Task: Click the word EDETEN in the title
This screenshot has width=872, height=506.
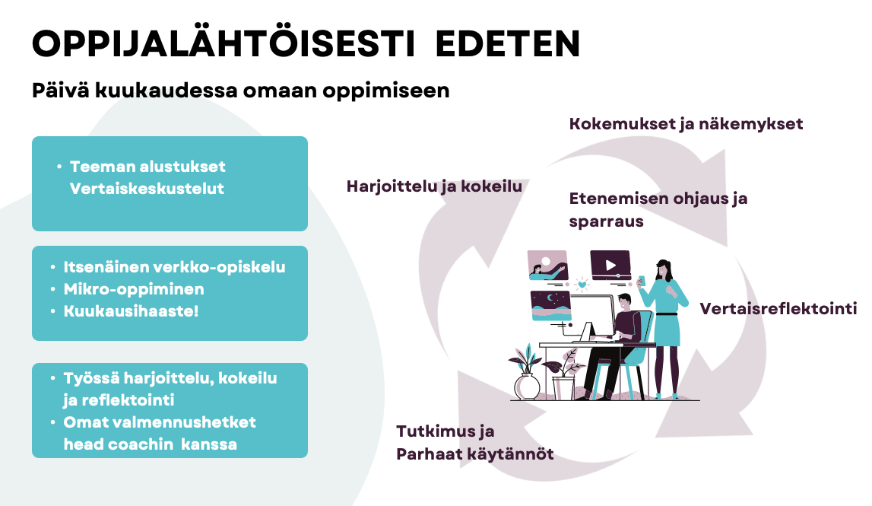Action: click(x=508, y=44)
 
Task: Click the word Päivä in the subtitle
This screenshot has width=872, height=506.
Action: click(x=60, y=91)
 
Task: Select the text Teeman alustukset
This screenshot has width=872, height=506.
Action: click(x=147, y=167)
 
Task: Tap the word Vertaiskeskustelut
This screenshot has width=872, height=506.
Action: click(x=147, y=189)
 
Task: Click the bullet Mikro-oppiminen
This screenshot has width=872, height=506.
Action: click(x=134, y=289)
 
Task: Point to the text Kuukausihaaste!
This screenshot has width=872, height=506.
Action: click(x=131, y=311)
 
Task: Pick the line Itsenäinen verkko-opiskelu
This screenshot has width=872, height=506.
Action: click(x=174, y=267)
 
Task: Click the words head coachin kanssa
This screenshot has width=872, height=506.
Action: click(x=151, y=444)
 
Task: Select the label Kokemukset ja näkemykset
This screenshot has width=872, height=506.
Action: click(x=686, y=124)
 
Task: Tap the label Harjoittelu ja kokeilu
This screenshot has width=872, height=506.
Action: click(x=434, y=186)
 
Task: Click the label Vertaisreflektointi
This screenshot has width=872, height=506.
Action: click(x=778, y=309)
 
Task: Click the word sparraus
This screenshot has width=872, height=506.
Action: click(x=606, y=221)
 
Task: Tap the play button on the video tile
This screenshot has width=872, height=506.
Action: click(x=610, y=265)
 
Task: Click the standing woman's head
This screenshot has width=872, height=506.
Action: click(x=663, y=269)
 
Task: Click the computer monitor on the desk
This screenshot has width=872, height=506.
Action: click(x=591, y=317)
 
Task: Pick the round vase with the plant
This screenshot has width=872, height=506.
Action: click(x=526, y=387)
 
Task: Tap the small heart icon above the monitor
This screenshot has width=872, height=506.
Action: click(x=582, y=285)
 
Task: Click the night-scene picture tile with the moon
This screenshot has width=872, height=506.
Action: click(x=550, y=306)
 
